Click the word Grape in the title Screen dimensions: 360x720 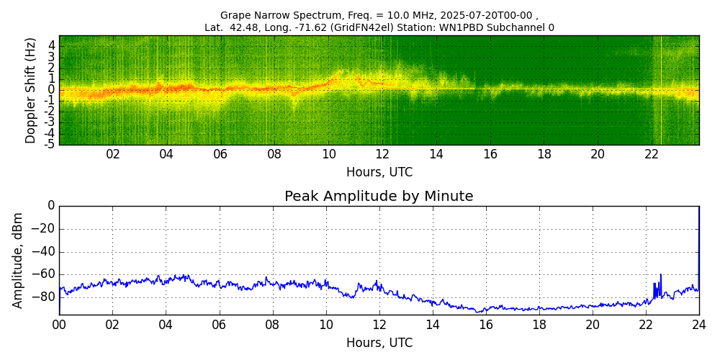point(235,15)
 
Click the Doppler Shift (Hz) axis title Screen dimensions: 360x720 point(30,90)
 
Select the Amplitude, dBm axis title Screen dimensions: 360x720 point(18,260)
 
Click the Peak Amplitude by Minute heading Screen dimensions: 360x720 point(379,197)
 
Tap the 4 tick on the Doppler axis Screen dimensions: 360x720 point(51,45)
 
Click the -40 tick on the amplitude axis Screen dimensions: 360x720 point(45,251)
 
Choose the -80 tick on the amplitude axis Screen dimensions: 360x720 point(45,297)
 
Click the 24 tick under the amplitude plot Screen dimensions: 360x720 point(698,325)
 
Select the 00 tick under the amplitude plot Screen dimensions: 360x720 point(59,325)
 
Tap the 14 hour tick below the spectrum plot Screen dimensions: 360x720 point(436,154)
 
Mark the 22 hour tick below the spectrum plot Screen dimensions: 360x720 point(652,154)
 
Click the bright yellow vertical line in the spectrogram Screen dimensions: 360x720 point(661,90)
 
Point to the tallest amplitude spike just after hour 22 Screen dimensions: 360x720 point(660,275)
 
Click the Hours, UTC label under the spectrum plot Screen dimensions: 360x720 point(379,172)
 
